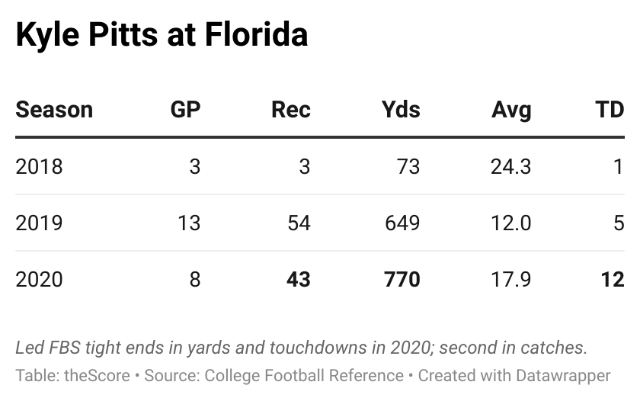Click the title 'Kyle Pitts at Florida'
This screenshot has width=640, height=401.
162,36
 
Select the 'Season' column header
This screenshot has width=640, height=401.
54,110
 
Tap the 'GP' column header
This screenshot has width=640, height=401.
185,110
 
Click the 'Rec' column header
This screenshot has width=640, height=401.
291,110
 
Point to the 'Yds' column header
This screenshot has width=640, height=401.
401,110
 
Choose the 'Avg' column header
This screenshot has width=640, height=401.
511,110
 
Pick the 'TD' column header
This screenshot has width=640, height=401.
610,110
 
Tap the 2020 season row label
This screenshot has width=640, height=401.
39,279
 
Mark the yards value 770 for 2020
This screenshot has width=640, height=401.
402,279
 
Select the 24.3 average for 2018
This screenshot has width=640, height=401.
511,166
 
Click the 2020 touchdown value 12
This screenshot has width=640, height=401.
612,279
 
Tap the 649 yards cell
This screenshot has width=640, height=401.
402,223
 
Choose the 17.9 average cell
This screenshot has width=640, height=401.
511,279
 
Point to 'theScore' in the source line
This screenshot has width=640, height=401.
91,376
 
